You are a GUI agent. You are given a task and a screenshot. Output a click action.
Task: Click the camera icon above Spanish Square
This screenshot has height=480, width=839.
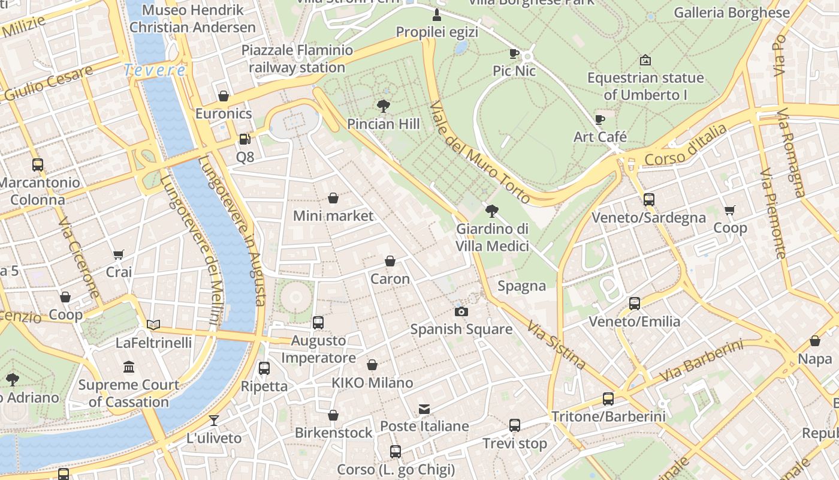click(x=461, y=311)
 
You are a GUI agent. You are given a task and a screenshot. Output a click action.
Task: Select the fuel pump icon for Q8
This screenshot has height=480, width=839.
click(x=245, y=139)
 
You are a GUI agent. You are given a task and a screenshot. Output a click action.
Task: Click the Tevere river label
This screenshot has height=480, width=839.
click(x=155, y=70)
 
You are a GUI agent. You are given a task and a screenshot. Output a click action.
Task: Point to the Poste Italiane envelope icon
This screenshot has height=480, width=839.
click(x=424, y=409)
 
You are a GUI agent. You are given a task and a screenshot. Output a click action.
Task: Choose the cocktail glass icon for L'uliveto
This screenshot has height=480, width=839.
click(x=214, y=420)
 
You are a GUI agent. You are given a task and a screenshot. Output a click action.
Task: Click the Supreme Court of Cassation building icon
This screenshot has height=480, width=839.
click(x=129, y=367)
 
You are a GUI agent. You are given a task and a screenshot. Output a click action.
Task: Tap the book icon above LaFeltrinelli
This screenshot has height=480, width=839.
click(x=153, y=325)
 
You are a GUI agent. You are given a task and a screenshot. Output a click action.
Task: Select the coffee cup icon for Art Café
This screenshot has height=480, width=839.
click(x=600, y=119)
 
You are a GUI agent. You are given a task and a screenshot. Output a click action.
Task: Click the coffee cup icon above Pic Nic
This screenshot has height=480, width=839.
click(x=514, y=53)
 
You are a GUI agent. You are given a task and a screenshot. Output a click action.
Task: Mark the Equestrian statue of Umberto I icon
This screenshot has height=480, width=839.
click(x=645, y=60)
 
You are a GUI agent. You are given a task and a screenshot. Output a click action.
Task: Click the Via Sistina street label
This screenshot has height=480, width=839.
click(x=556, y=344)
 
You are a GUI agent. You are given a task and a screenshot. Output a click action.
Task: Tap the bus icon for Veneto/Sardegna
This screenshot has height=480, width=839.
click(x=648, y=200)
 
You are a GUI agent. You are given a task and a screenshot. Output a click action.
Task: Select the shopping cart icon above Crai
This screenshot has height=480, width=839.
click(x=119, y=255)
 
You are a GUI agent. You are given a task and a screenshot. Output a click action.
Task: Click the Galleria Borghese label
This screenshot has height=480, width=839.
click(x=732, y=13)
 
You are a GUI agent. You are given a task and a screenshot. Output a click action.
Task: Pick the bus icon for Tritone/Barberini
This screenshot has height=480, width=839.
click(x=608, y=399)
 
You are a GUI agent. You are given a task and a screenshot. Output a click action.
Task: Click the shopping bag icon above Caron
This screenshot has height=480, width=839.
click(x=390, y=261)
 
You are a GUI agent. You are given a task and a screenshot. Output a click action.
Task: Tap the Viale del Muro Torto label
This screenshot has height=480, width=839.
click(x=479, y=152)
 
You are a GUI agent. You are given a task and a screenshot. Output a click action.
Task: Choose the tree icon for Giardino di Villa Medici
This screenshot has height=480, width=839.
click(x=492, y=211)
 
